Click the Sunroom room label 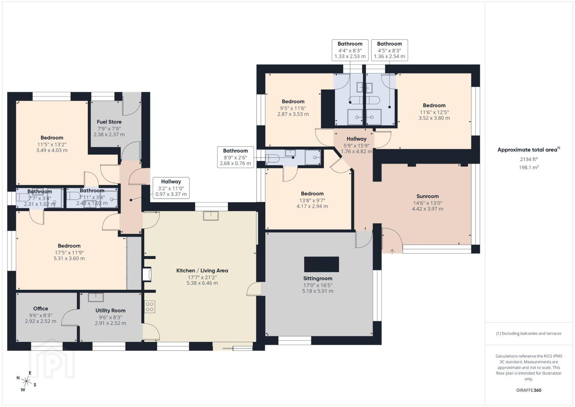(x=427, y=196)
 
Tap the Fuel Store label (x=109, y=122)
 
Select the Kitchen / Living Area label (x=202, y=271)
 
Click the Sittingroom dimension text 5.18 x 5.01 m (x=318, y=291)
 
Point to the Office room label (x=41, y=309)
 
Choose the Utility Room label (x=110, y=311)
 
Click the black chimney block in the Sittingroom (x=321, y=264)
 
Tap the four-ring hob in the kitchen (x=150, y=307)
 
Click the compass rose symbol (x=26, y=381)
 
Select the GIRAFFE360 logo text (x=529, y=390)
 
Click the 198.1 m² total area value (x=529, y=167)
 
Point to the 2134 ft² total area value (x=529, y=159)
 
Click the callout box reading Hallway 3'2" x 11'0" (x=171, y=188)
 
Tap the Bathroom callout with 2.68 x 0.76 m (x=236, y=157)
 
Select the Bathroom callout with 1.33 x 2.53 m (x=350, y=50)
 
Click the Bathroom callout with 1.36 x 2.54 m (x=389, y=50)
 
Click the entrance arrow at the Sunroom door (x=392, y=251)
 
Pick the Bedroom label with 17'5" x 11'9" (x=69, y=246)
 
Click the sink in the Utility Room (x=96, y=297)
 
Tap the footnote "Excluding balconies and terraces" (x=529, y=334)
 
